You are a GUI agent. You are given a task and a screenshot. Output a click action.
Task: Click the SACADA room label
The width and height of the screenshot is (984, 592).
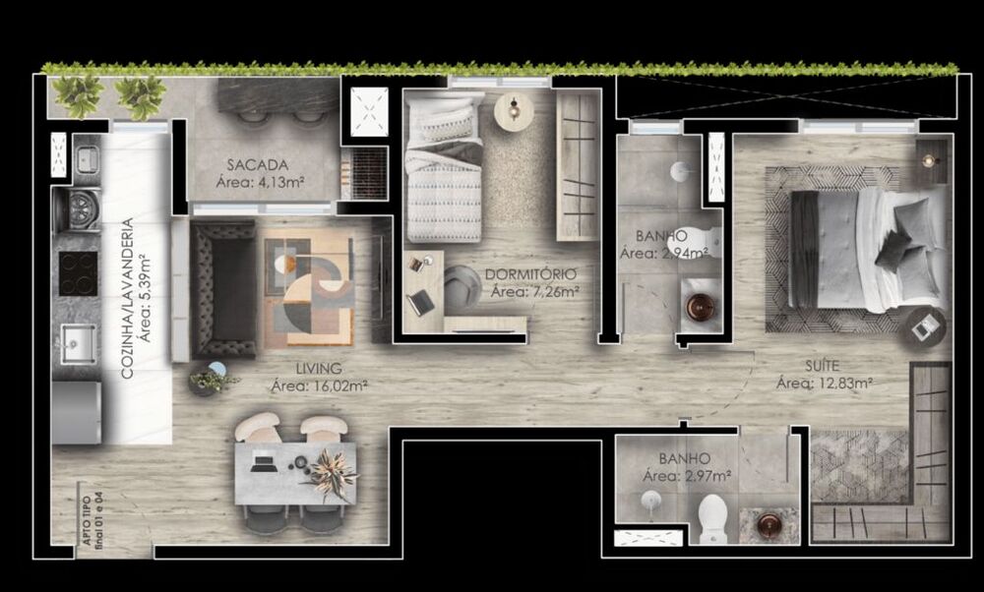tap(257, 164)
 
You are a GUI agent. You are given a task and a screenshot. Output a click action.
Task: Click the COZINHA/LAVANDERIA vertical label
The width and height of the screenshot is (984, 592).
tap(127, 299)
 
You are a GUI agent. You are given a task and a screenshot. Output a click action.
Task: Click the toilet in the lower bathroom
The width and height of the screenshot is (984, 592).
tap(711, 517)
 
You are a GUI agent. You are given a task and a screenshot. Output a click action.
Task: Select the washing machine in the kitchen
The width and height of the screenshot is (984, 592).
tap(78, 208)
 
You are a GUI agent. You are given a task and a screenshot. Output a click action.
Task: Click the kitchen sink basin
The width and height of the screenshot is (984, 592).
tap(77, 343)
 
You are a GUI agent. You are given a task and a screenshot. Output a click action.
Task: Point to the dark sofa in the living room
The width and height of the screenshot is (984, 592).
tap(223, 289)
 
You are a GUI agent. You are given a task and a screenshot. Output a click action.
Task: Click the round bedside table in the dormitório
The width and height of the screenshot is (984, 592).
tap(513, 110)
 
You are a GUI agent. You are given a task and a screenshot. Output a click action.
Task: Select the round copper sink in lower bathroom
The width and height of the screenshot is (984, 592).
tap(765, 527)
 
